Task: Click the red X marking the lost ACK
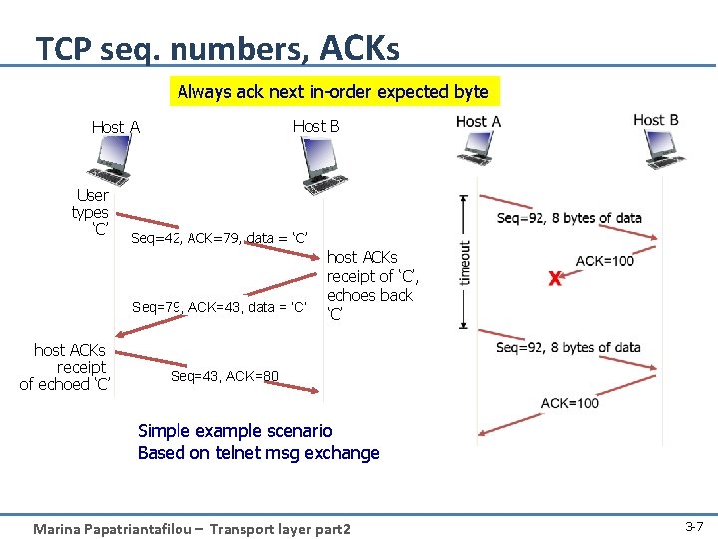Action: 554,278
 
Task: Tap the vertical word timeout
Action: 466,263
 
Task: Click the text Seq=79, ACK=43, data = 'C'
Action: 218,305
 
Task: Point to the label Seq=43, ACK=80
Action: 224,376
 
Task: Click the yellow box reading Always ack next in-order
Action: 332,92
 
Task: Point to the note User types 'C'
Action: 91,213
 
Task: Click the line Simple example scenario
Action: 234,431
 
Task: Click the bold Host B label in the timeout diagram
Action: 655,121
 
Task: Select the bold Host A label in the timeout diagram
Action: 478,122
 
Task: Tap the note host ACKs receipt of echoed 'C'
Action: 68,367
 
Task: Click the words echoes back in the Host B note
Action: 369,295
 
